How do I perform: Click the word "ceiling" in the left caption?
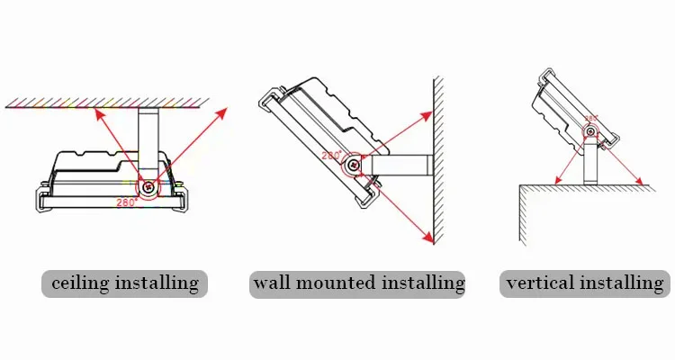coord(80,283)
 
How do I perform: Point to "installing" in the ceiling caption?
coord(156,283)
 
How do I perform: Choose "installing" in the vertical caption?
coord(623,283)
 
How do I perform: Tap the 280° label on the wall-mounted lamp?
coord(331,156)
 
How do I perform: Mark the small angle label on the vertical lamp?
coord(591,118)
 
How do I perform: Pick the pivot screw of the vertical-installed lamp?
coord(589,134)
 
